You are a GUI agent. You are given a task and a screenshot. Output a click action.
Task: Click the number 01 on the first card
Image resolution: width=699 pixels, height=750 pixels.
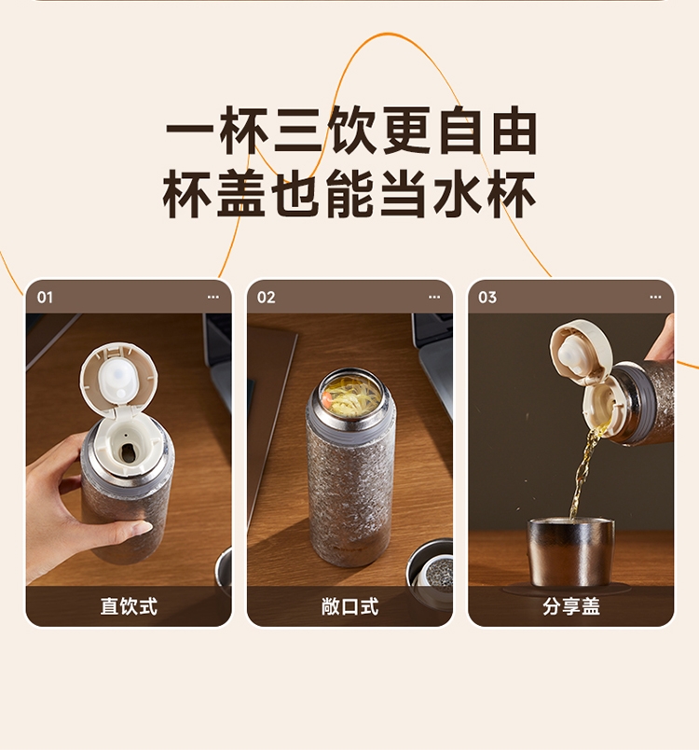pos(45,297)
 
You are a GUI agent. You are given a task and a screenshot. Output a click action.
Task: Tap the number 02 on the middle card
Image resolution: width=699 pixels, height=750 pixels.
pos(267,297)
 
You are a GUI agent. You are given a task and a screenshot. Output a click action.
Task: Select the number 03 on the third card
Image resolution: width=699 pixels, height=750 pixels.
pos(487,297)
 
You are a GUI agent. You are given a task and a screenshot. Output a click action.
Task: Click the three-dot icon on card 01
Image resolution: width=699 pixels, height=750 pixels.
pos(213,297)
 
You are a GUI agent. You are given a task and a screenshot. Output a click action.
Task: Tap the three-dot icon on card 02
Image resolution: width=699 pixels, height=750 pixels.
pos(433,297)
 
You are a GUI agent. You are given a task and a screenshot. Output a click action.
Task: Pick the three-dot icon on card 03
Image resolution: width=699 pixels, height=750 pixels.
pos(655,297)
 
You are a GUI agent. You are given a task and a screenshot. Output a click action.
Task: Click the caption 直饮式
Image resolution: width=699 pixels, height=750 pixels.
pos(129,606)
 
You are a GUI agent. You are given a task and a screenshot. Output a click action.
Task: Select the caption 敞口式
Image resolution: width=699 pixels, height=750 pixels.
pos(349,606)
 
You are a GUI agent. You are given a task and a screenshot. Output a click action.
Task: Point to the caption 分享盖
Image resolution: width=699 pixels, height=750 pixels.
pos(571,606)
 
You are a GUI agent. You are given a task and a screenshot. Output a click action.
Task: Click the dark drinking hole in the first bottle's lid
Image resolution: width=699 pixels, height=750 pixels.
pos(127,452)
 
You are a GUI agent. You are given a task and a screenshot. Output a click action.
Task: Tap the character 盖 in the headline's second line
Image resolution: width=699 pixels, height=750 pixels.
pos(241,194)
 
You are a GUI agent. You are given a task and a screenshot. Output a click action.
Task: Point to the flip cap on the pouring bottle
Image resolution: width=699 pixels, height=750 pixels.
pos(580,353)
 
